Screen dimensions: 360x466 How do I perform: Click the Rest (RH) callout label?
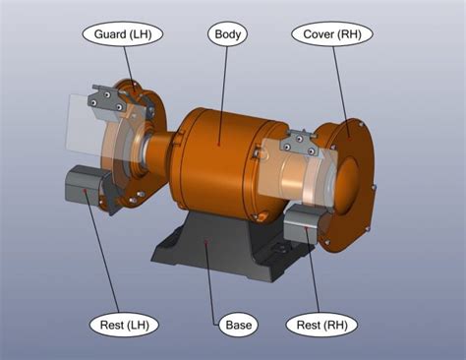(x=320, y=324)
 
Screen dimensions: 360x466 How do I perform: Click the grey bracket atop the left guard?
(x=104, y=97)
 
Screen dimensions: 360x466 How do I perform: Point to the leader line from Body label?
(x=225, y=89)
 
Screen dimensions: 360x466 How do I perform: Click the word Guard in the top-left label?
(x=108, y=34)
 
